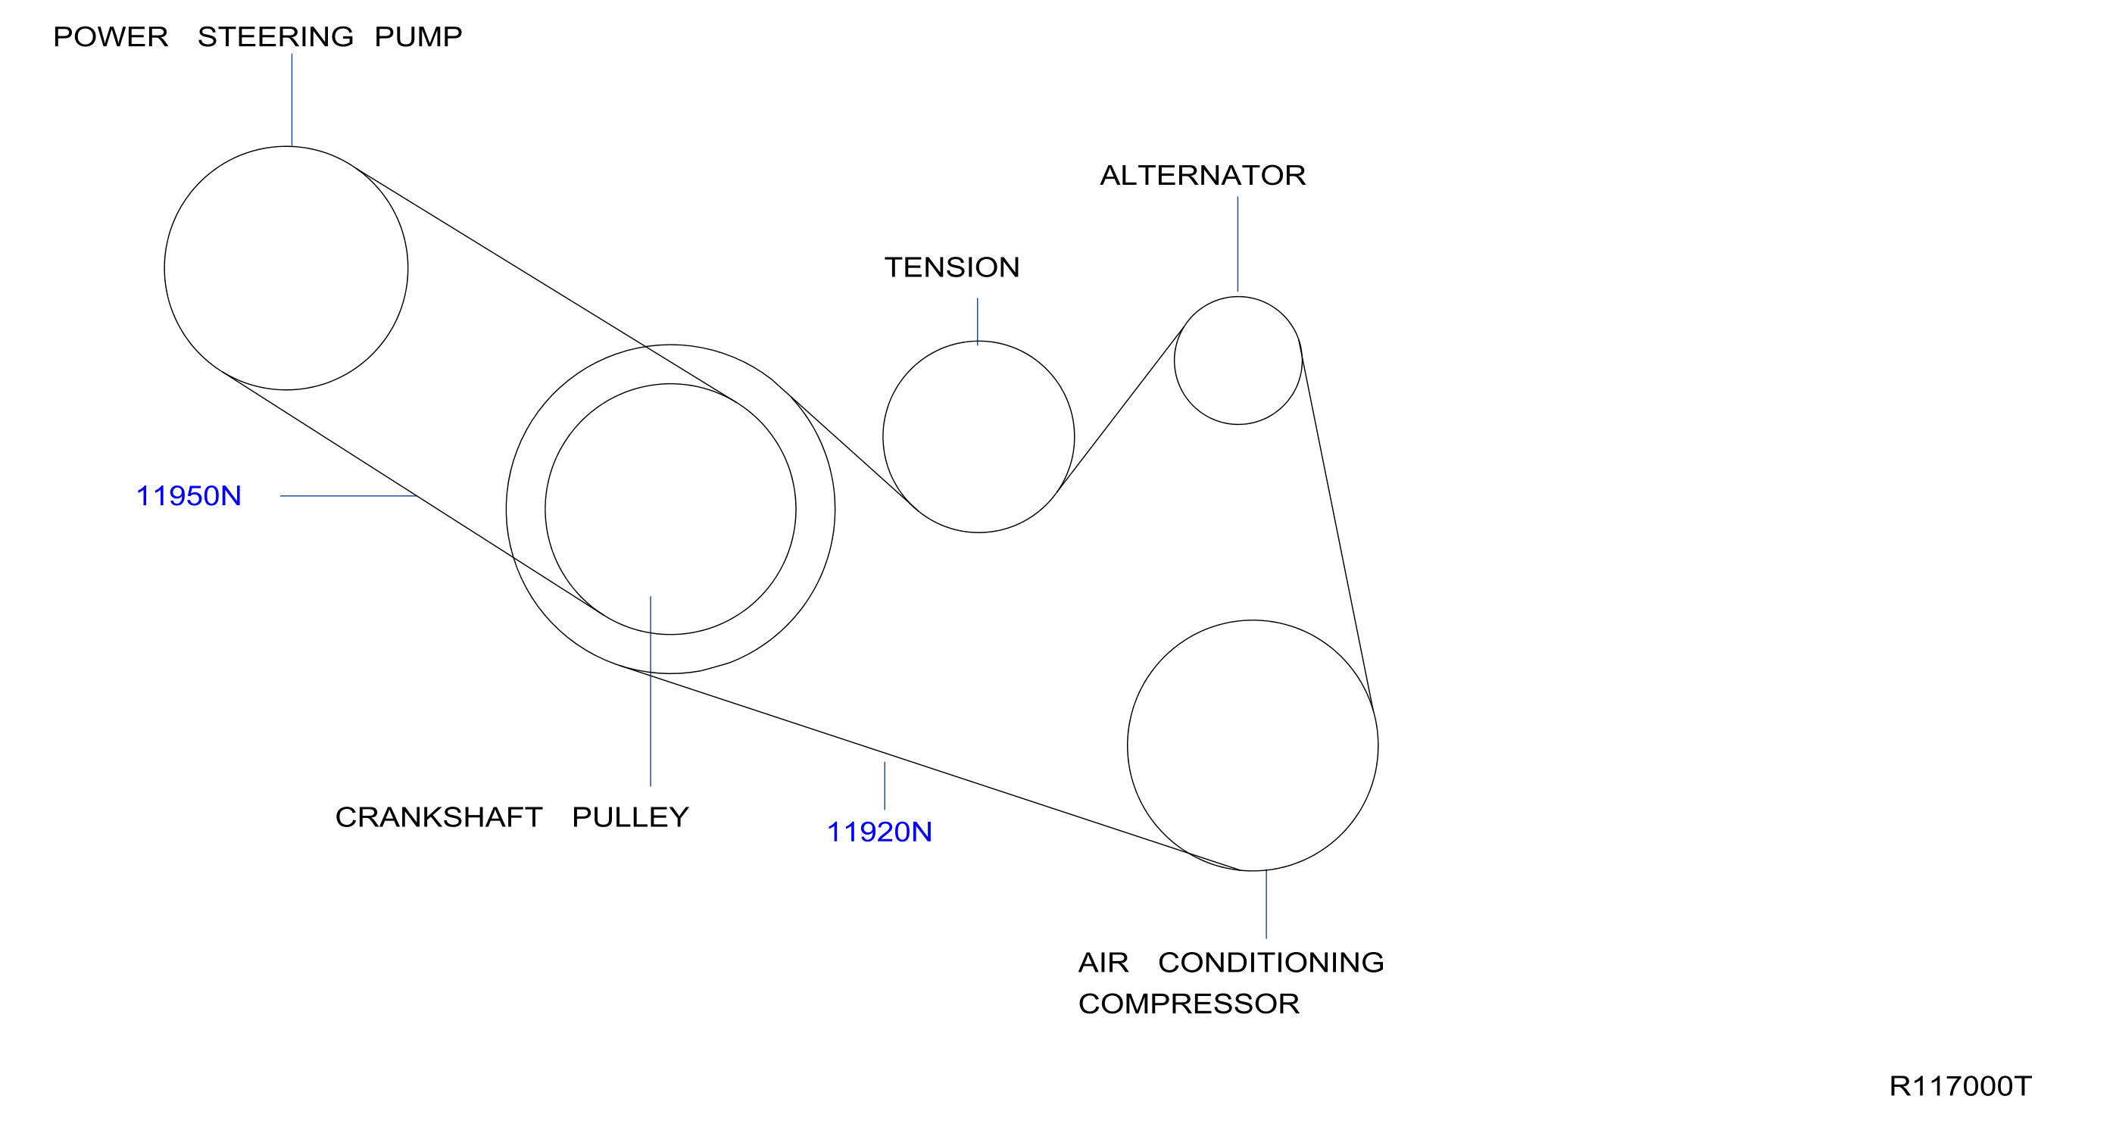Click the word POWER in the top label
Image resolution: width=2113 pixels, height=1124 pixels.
click(x=111, y=37)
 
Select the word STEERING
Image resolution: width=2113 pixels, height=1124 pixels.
click(x=276, y=37)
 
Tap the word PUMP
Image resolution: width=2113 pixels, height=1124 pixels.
click(x=418, y=37)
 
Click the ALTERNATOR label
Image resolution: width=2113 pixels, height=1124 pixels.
click(x=1203, y=176)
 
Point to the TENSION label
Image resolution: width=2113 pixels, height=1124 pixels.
click(x=951, y=267)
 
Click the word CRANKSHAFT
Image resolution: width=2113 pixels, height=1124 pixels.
click(x=439, y=817)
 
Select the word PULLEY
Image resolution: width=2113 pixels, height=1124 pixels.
click(x=630, y=817)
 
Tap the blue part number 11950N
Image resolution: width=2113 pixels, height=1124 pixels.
click(x=189, y=496)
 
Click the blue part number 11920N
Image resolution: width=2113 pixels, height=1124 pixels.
click(x=879, y=832)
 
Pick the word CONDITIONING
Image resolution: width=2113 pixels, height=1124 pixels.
click(x=1271, y=963)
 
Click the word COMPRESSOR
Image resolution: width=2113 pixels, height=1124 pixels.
click(x=1188, y=1004)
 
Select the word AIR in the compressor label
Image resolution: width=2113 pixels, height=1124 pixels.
click(x=1103, y=963)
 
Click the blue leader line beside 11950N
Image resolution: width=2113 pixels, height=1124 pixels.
click(x=349, y=495)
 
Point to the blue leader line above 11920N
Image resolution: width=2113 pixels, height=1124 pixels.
click(x=885, y=786)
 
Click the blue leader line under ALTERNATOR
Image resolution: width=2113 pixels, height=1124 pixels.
click(x=1238, y=244)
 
